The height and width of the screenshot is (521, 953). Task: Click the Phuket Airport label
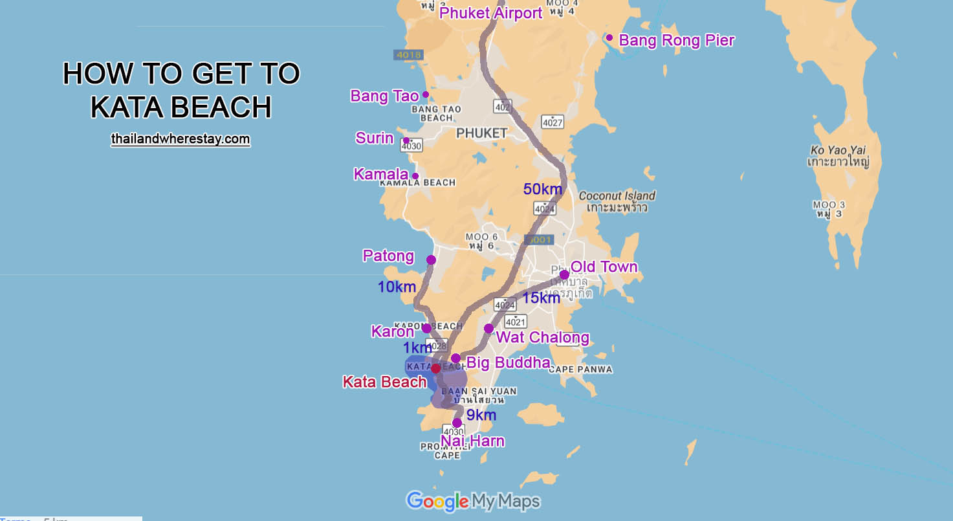491,13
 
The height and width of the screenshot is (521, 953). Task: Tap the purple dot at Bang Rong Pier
609,38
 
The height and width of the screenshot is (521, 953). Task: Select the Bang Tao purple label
384,96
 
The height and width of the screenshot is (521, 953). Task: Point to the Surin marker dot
406,140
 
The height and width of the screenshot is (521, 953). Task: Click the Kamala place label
380,175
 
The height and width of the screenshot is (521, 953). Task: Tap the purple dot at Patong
432,260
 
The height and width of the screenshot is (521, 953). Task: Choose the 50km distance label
542,189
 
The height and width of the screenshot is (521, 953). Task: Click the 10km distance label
397,287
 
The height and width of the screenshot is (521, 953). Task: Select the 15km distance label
541,298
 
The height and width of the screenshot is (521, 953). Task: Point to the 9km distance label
481,415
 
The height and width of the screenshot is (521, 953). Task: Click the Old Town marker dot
564,274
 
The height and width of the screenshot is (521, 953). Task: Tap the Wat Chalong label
542,337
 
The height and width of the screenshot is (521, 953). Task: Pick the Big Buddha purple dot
455,359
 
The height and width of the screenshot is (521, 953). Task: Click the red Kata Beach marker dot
435,368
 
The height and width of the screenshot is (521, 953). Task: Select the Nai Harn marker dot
457,423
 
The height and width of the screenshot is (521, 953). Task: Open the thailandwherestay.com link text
181,139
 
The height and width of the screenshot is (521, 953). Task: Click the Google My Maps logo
473,501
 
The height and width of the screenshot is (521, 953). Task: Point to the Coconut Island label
617,195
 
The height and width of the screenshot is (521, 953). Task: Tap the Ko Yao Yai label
838,150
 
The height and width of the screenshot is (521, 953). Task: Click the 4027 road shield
553,122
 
